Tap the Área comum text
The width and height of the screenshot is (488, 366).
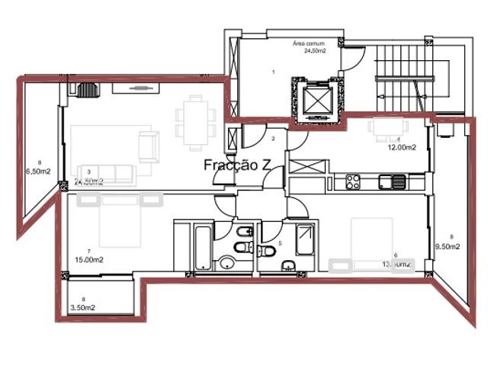point(310,44)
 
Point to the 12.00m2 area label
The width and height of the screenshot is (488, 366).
point(404,148)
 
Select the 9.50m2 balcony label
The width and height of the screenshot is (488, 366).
point(448,246)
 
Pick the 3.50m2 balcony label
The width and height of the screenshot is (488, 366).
point(82,308)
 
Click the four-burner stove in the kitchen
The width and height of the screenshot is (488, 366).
point(353,182)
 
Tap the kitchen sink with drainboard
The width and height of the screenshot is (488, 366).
point(393,181)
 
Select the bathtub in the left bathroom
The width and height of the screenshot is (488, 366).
point(203,246)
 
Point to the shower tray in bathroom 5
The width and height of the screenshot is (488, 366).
point(305,242)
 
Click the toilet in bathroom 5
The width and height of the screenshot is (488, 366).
point(268,252)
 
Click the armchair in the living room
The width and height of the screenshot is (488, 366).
point(149,143)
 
